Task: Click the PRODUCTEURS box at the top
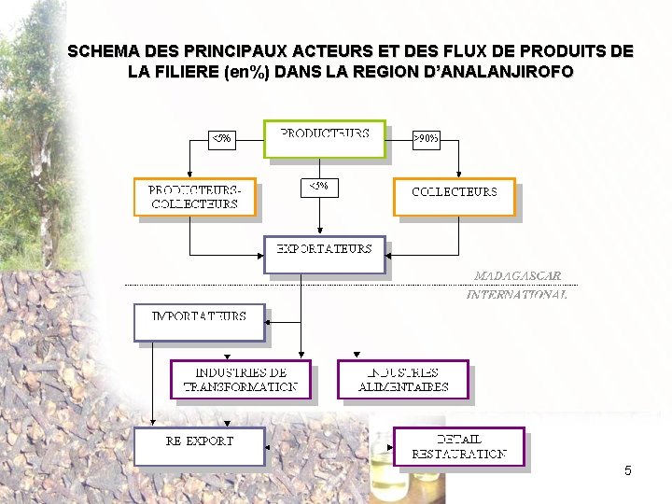pyautogui.click(x=324, y=140)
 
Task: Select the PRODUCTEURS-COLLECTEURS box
pyautogui.click(x=194, y=197)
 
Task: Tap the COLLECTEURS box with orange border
pyautogui.click(x=454, y=196)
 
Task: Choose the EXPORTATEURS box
pyautogui.click(x=324, y=254)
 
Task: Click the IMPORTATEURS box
pyautogui.click(x=199, y=322)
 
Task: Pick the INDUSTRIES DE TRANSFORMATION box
pyautogui.click(x=240, y=379)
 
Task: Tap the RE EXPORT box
pyautogui.click(x=199, y=445)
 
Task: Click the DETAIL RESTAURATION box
pyautogui.click(x=458, y=446)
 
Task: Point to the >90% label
pyautogui.click(x=427, y=139)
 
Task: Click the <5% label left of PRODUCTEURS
pyautogui.click(x=220, y=139)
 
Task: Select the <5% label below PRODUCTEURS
pyautogui.click(x=317, y=186)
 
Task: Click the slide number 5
pyautogui.click(x=628, y=470)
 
